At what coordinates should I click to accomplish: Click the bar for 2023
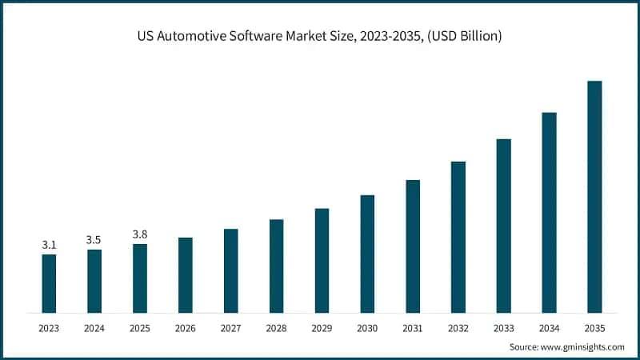[49, 283]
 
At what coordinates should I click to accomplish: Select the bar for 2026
[185, 274]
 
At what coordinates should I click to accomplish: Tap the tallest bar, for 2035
[594, 196]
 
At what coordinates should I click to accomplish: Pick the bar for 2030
[367, 253]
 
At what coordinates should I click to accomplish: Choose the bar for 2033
[503, 225]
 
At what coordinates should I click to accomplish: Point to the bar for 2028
[276, 266]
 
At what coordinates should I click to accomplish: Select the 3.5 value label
[94, 240]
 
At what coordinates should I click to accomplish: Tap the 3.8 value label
[140, 234]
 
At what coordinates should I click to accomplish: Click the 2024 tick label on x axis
[94, 328]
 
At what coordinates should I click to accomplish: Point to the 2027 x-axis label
[230, 328]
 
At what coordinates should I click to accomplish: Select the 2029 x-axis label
[322, 328]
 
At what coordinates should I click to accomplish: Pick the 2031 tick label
[413, 328]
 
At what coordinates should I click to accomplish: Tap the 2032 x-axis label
[458, 328]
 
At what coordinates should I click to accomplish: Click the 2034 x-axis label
[549, 328]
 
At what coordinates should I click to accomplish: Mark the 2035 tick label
[594, 328]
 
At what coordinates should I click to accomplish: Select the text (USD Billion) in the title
[462, 37]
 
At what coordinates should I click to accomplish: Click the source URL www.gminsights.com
[582, 347]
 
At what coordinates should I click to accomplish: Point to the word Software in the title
[282, 37]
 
